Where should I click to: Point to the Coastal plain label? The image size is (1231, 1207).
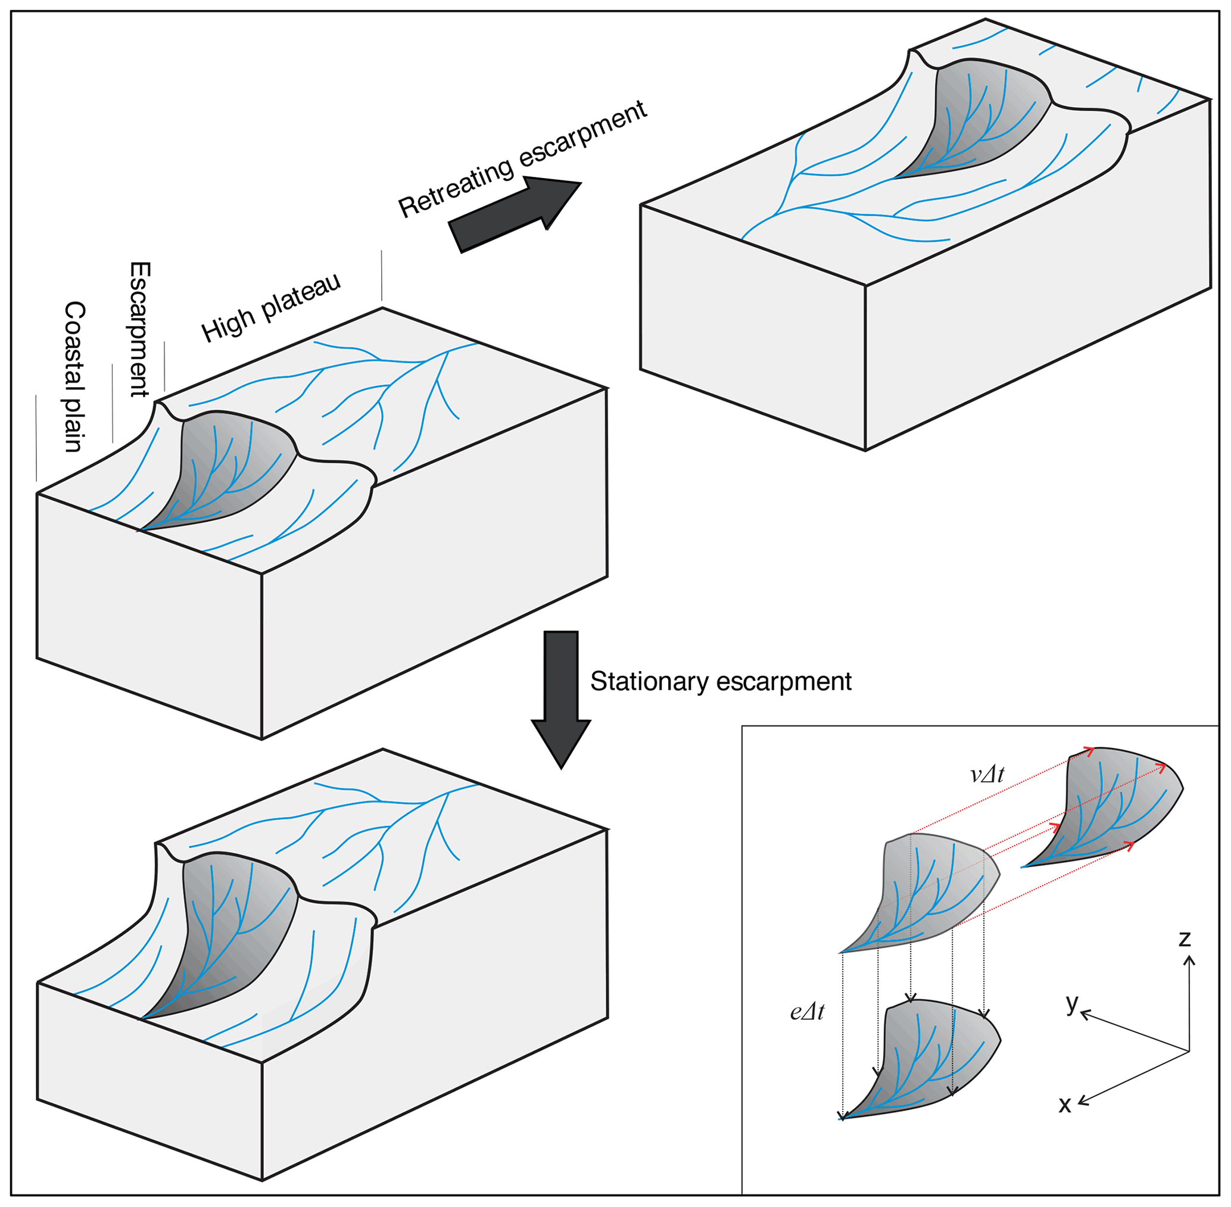tap(74, 376)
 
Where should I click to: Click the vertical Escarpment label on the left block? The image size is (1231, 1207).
tap(140, 329)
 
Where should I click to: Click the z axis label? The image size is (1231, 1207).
tap(1184, 938)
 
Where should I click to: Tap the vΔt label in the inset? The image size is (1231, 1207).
tap(987, 774)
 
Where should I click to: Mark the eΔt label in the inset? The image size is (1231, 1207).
tap(807, 1012)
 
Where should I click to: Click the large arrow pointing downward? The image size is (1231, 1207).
tap(561, 697)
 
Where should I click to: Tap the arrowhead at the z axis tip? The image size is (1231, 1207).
tap(1190, 960)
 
